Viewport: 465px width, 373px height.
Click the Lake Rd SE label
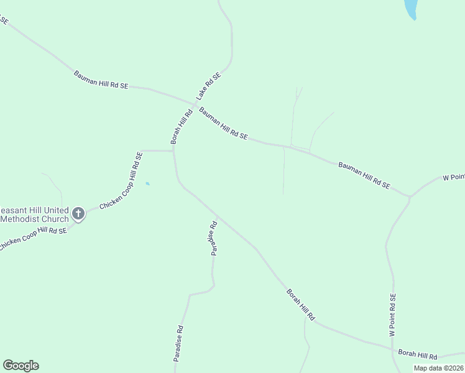209,86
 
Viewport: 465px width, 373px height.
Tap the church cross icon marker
78,214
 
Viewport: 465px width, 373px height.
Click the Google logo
21,366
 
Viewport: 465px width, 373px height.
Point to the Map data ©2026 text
439,368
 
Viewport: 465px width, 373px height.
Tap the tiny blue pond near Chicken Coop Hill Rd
147,183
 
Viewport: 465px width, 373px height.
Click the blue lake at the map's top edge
410,9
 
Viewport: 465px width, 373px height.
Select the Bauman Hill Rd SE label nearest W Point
364,175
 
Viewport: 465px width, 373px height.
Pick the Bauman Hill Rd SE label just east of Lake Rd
223,123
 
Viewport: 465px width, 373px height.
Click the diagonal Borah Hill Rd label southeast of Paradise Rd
300,305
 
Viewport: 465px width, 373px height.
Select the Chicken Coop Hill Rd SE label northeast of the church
121,181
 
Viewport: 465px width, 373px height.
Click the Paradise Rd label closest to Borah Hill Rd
213,238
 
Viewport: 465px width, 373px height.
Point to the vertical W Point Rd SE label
392,315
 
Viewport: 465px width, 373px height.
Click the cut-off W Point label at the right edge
453,178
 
